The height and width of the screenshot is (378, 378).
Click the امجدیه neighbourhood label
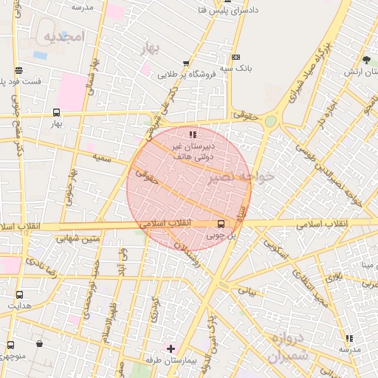[x=65, y=36]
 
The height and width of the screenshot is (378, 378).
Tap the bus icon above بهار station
[x=56, y=112]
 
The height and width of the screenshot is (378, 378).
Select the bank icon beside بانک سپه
[x=236, y=57]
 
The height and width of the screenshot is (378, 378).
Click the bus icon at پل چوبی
[x=220, y=224]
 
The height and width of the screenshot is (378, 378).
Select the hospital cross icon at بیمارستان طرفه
[x=171, y=348]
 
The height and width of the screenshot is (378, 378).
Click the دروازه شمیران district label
[x=277, y=348]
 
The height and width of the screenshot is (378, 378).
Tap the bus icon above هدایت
[x=19, y=294]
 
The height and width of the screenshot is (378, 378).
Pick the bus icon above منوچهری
[x=10, y=344]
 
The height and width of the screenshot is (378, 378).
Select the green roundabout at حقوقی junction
[x=271, y=120]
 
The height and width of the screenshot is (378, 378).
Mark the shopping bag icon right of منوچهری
[x=40, y=343]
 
